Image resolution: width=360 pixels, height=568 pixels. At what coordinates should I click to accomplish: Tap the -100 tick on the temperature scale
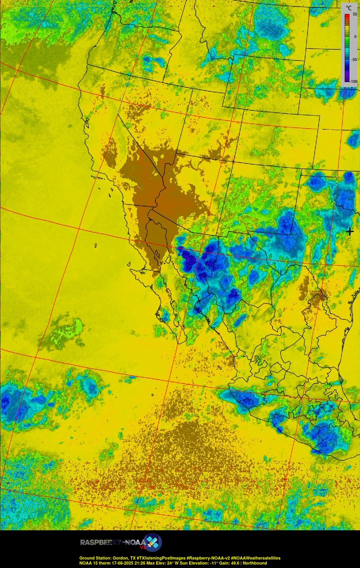click(x=352, y=81)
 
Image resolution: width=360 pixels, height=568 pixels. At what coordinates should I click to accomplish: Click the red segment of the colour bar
click(x=347, y=18)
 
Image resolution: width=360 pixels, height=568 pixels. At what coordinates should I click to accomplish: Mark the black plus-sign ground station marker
click(x=350, y=231)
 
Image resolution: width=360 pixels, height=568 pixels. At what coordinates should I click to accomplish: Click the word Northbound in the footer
click(x=255, y=563)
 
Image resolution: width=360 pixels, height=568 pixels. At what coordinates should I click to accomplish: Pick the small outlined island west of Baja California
click(x=96, y=246)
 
